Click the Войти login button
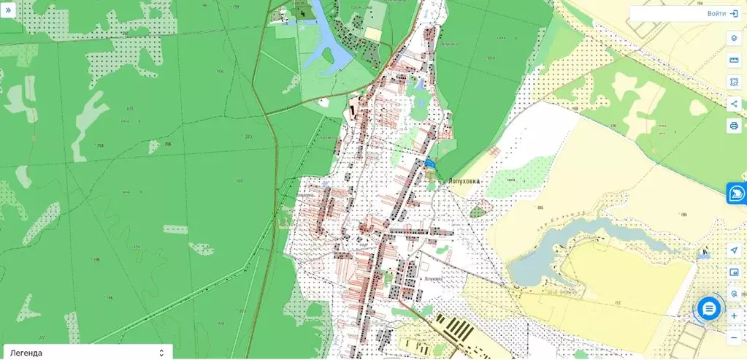pyautogui.click(x=723, y=14)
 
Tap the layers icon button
pyautogui.click(x=734, y=38)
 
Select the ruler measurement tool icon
pyautogui.click(x=734, y=60)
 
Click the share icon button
pyautogui.click(x=734, y=104)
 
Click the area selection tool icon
pyautogui.click(x=734, y=82)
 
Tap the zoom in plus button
pyautogui.click(x=734, y=316)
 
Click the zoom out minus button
pyautogui.click(x=734, y=337)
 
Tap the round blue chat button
pyautogui.click(x=708, y=308)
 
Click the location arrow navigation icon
pyautogui.click(x=734, y=250)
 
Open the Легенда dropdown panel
pyautogui.click(x=86, y=353)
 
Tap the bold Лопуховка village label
pyautogui.click(x=464, y=179)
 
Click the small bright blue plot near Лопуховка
pyautogui.click(x=430, y=164)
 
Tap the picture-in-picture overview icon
pyautogui.click(x=734, y=272)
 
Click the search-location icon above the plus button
pyautogui.click(x=734, y=294)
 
